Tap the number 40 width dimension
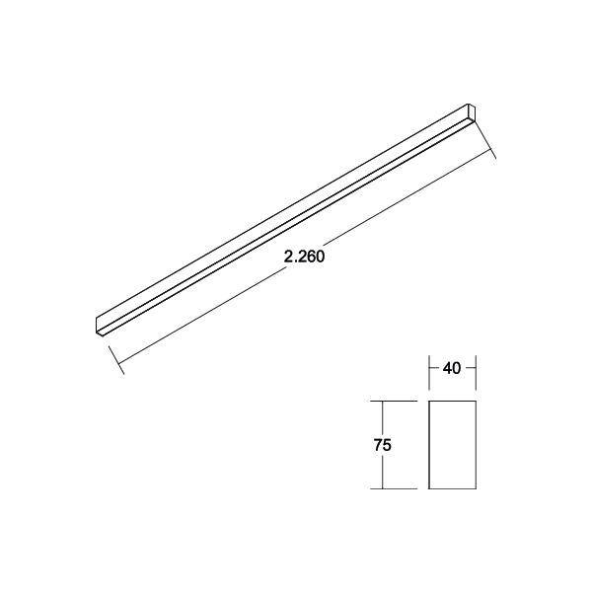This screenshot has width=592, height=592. tap(453, 368)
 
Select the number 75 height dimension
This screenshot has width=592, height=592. tap(384, 445)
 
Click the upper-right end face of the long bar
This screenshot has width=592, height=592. tap(471, 111)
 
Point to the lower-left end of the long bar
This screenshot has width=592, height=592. tap(101, 323)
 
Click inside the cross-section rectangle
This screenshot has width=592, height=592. tap(453, 445)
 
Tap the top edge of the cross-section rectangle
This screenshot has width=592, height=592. tap(453, 402)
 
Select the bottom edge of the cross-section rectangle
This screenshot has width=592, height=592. tap(453, 488)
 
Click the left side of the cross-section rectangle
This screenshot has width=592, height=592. tap(429, 445)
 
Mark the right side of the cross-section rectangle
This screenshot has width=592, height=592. tap(477, 445)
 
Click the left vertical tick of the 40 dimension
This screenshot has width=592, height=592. tap(429, 368)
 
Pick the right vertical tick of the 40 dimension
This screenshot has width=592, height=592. tap(477, 368)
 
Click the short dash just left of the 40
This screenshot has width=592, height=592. tap(435, 368)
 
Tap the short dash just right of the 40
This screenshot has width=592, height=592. tap(471, 368)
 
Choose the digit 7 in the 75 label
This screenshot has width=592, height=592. tap(379, 445)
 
